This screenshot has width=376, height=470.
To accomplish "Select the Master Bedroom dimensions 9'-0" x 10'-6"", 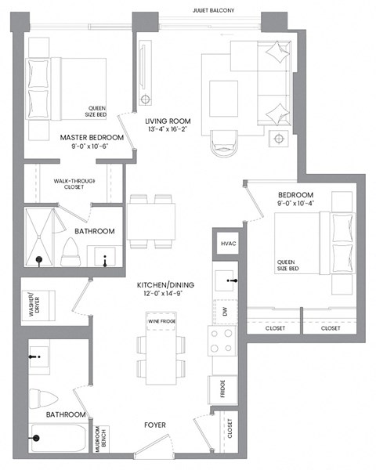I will pos(92,146).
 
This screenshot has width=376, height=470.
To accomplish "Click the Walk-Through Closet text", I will pos(74,185).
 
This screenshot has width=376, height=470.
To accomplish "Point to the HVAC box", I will pos(227,244).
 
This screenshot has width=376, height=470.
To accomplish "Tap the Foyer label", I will pos(154,425).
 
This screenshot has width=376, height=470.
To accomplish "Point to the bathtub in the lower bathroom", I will pos(60,438).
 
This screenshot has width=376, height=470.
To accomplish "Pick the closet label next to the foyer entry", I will pos(229,428).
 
